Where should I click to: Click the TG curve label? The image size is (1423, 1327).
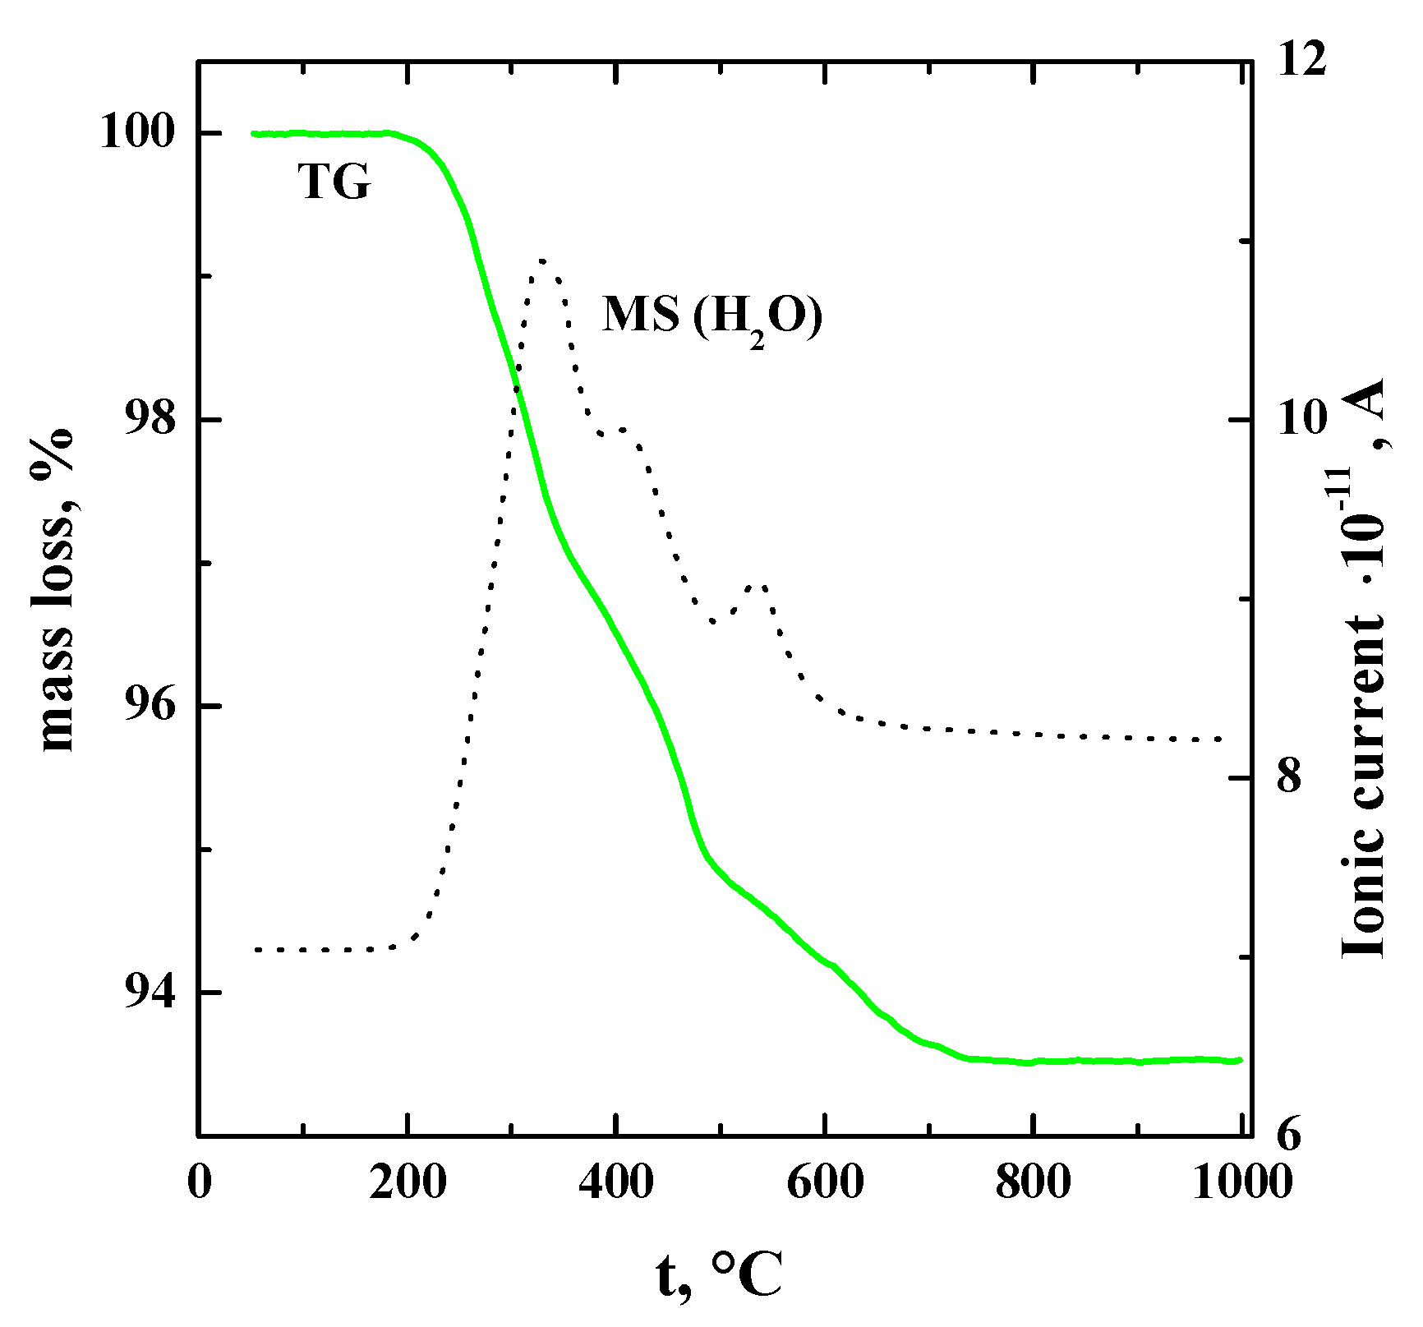point(334,182)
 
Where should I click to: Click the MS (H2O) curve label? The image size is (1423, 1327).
point(711,317)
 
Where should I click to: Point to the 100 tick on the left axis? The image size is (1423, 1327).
point(138,133)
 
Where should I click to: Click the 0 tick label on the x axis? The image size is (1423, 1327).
point(199,1184)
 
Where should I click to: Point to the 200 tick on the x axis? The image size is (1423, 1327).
point(408,1184)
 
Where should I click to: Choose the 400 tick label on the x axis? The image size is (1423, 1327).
point(615,1184)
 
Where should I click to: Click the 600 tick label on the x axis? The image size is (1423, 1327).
point(824,1184)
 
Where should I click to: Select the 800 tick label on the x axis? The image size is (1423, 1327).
point(1033,1184)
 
